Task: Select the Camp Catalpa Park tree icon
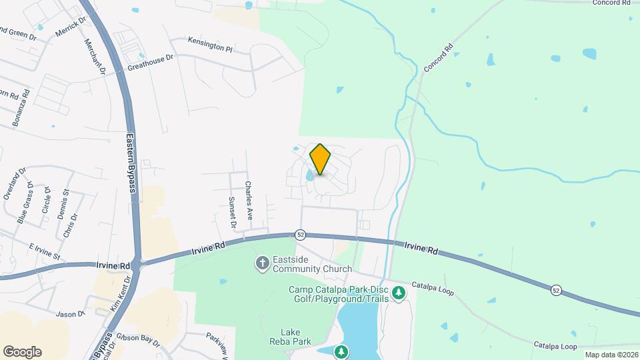pyautogui.click(x=399, y=293)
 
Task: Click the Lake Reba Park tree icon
pyautogui.click(x=341, y=351)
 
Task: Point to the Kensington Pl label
pyautogui.click(x=210, y=45)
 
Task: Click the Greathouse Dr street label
pyautogui.click(x=150, y=62)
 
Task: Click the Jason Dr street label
pyautogui.click(x=71, y=313)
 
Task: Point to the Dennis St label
pyautogui.click(x=65, y=201)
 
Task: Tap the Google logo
pyautogui.click(x=22, y=351)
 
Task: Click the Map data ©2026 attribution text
pyautogui.click(x=611, y=355)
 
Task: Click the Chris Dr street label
pyautogui.click(x=70, y=225)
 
